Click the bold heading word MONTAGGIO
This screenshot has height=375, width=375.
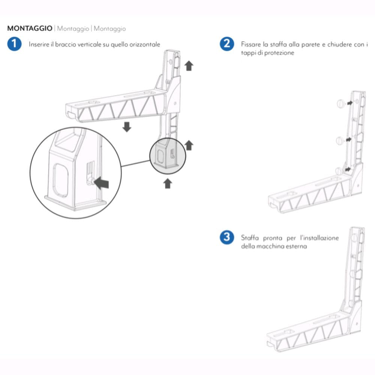click(x=30, y=28)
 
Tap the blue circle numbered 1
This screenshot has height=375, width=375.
click(x=14, y=44)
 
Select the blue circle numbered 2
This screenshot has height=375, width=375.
click(x=226, y=44)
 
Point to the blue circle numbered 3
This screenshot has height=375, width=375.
click(x=226, y=237)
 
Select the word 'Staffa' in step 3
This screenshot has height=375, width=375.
click(x=250, y=238)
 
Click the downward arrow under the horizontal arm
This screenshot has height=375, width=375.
click(x=127, y=126)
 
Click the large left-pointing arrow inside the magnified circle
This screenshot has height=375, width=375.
click(x=102, y=183)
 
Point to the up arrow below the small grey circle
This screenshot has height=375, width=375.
click(x=168, y=183)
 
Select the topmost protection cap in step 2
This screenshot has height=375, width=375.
click(x=340, y=104)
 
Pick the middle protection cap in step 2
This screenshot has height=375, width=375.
click(x=340, y=141)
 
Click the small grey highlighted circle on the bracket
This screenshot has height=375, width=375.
click(x=168, y=154)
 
